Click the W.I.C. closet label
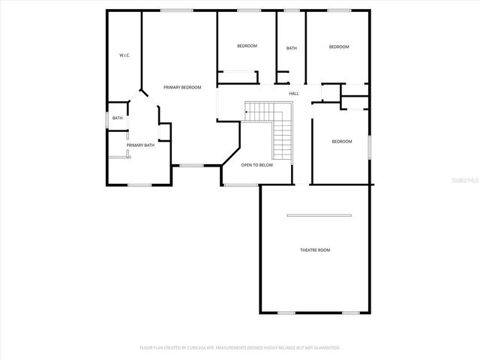125,55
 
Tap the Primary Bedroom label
183,88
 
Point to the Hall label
293,93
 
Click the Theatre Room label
315,250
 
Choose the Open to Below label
256,165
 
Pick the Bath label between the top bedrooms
291,49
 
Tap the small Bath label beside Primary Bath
118,118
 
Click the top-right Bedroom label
339,47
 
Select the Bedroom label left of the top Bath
247,46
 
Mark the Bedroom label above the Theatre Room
342,141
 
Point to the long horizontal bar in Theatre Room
319,216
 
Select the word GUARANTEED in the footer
325,348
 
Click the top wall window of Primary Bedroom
175,10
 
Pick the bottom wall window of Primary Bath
139,184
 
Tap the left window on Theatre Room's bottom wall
286,312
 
